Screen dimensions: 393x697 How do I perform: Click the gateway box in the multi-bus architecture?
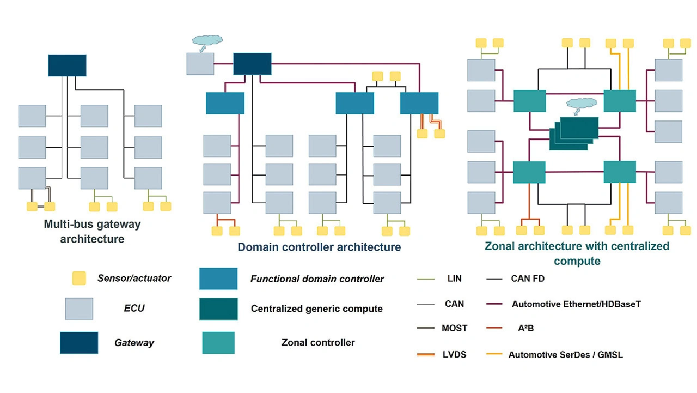coord(67,65)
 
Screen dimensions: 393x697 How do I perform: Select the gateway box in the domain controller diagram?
coord(252,64)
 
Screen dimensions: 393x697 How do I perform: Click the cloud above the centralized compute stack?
coord(582,104)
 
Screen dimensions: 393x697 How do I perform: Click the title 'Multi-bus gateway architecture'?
coord(92,231)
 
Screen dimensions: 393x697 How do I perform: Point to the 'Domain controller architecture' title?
coord(319,247)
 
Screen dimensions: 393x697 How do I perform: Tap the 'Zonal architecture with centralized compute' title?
coord(577,253)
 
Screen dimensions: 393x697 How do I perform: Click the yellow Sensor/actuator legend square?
coord(79,278)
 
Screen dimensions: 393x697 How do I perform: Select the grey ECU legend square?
coord(79,309)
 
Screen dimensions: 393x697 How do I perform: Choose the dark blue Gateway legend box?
coord(79,343)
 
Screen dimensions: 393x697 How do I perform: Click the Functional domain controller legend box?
coord(218,279)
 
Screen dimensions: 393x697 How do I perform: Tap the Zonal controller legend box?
coord(218,343)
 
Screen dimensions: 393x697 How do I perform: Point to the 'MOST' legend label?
coord(454,328)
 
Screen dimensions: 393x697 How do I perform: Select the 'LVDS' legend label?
coord(454,354)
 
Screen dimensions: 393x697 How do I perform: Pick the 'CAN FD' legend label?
coord(528,279)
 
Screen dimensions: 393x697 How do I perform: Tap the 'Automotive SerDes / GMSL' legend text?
coord(565,354)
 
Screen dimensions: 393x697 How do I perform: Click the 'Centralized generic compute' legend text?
coord(316,309)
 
